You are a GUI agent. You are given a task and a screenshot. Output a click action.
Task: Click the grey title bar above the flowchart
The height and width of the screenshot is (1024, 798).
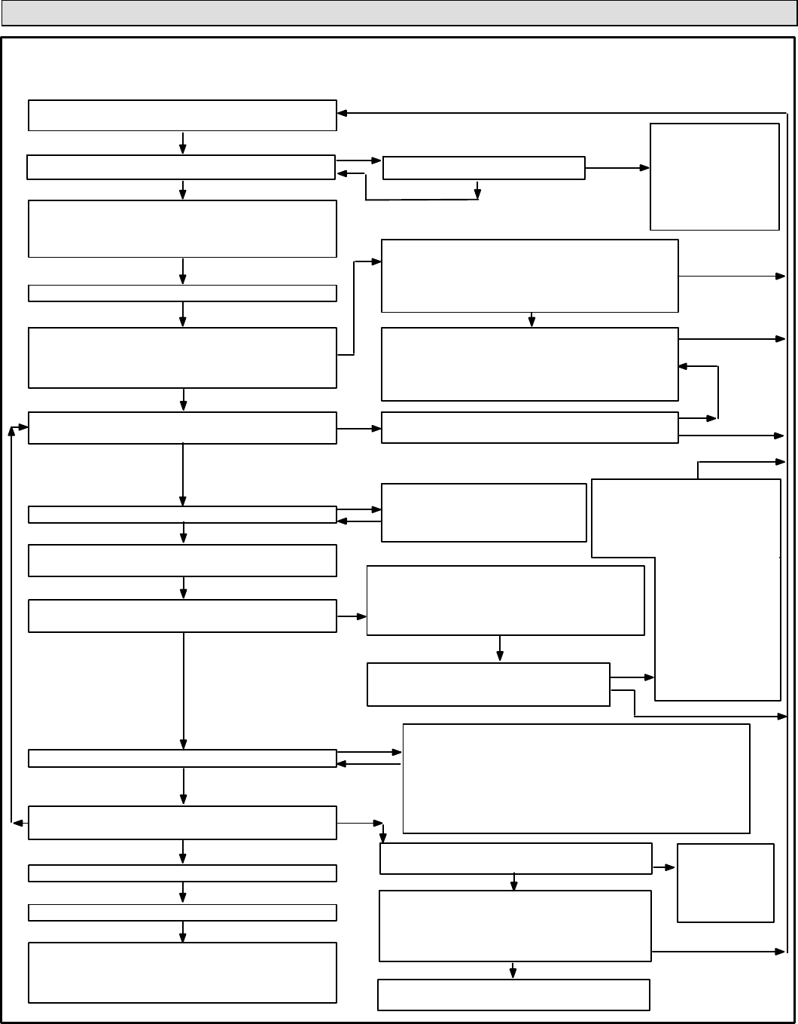[x=398, y=13]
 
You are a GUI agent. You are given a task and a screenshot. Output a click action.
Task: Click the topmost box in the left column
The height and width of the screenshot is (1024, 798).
[x=182, y=115]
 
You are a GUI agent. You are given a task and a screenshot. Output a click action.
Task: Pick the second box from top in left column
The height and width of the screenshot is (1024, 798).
[x=181, y=167]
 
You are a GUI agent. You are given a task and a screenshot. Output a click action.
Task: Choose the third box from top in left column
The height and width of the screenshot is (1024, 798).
[x=182, y=228]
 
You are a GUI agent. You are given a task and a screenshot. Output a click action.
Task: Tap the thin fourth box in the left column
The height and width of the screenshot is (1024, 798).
[x=182, y=293]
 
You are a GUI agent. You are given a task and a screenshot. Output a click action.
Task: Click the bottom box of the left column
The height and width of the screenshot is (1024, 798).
[x=182, y=972]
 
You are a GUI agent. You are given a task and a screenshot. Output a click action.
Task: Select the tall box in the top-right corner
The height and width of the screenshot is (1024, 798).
[x=714, y=176]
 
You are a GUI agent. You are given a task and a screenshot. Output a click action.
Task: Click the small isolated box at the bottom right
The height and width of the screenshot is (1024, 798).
[x=726, y=882]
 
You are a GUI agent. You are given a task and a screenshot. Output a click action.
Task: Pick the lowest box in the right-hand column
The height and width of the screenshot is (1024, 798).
[x=513, y=995]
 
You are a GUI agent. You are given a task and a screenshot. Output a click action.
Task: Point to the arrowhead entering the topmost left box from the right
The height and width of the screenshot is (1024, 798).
[x=342, y=114]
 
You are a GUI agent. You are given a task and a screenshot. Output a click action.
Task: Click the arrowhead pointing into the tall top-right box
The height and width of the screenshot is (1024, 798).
[x=645, y=168]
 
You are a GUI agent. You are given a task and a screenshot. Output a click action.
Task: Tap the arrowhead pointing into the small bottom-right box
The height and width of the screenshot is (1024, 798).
[x=672, y=867]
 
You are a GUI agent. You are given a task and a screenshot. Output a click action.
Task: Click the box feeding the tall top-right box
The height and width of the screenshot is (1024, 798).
[x=483, y=168]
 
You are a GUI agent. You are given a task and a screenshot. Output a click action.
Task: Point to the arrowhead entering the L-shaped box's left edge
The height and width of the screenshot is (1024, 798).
[x=650, y=678]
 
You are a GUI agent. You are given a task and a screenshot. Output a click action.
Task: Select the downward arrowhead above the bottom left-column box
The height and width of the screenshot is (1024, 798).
[x=183, y=937]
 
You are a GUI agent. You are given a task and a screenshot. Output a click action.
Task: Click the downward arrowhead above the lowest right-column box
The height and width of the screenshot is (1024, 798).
[x=513, y=975]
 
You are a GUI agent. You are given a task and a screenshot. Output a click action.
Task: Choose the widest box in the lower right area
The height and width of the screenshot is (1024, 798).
[x=576, y=778]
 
